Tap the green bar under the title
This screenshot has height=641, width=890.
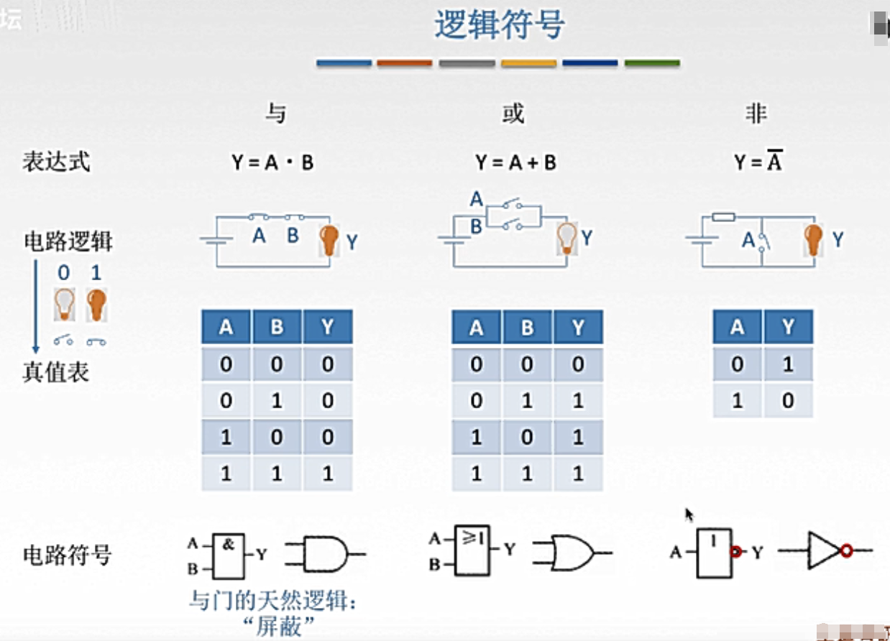pyautogui.click(x=652, y=63)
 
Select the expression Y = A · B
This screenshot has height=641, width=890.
pyautogui.click(x=272, y=162)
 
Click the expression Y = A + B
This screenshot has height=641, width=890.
pyautogui.click(x=515, y=162)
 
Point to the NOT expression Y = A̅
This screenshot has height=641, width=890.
pyautogui.click(x=758, y=162)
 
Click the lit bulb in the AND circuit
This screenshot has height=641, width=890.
pyautogui.click(x=329, y=240)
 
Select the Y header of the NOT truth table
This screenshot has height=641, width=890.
pyautogui.click(x=788, y=328)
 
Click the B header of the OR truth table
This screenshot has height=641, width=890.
pyautogui.click(x=527, y=328)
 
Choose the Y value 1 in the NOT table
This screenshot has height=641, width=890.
pyautogui.click(x=788, y=364)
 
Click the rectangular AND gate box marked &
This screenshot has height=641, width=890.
pyautogui.click(x=228, y=555)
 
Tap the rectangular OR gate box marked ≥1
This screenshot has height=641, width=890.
pyautogui.click(x=472, y=550)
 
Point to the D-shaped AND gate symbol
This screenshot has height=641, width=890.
pyautogui.click(x=324, y=555)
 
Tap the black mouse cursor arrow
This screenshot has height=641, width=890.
pyautogui.click(x=689, y=515)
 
